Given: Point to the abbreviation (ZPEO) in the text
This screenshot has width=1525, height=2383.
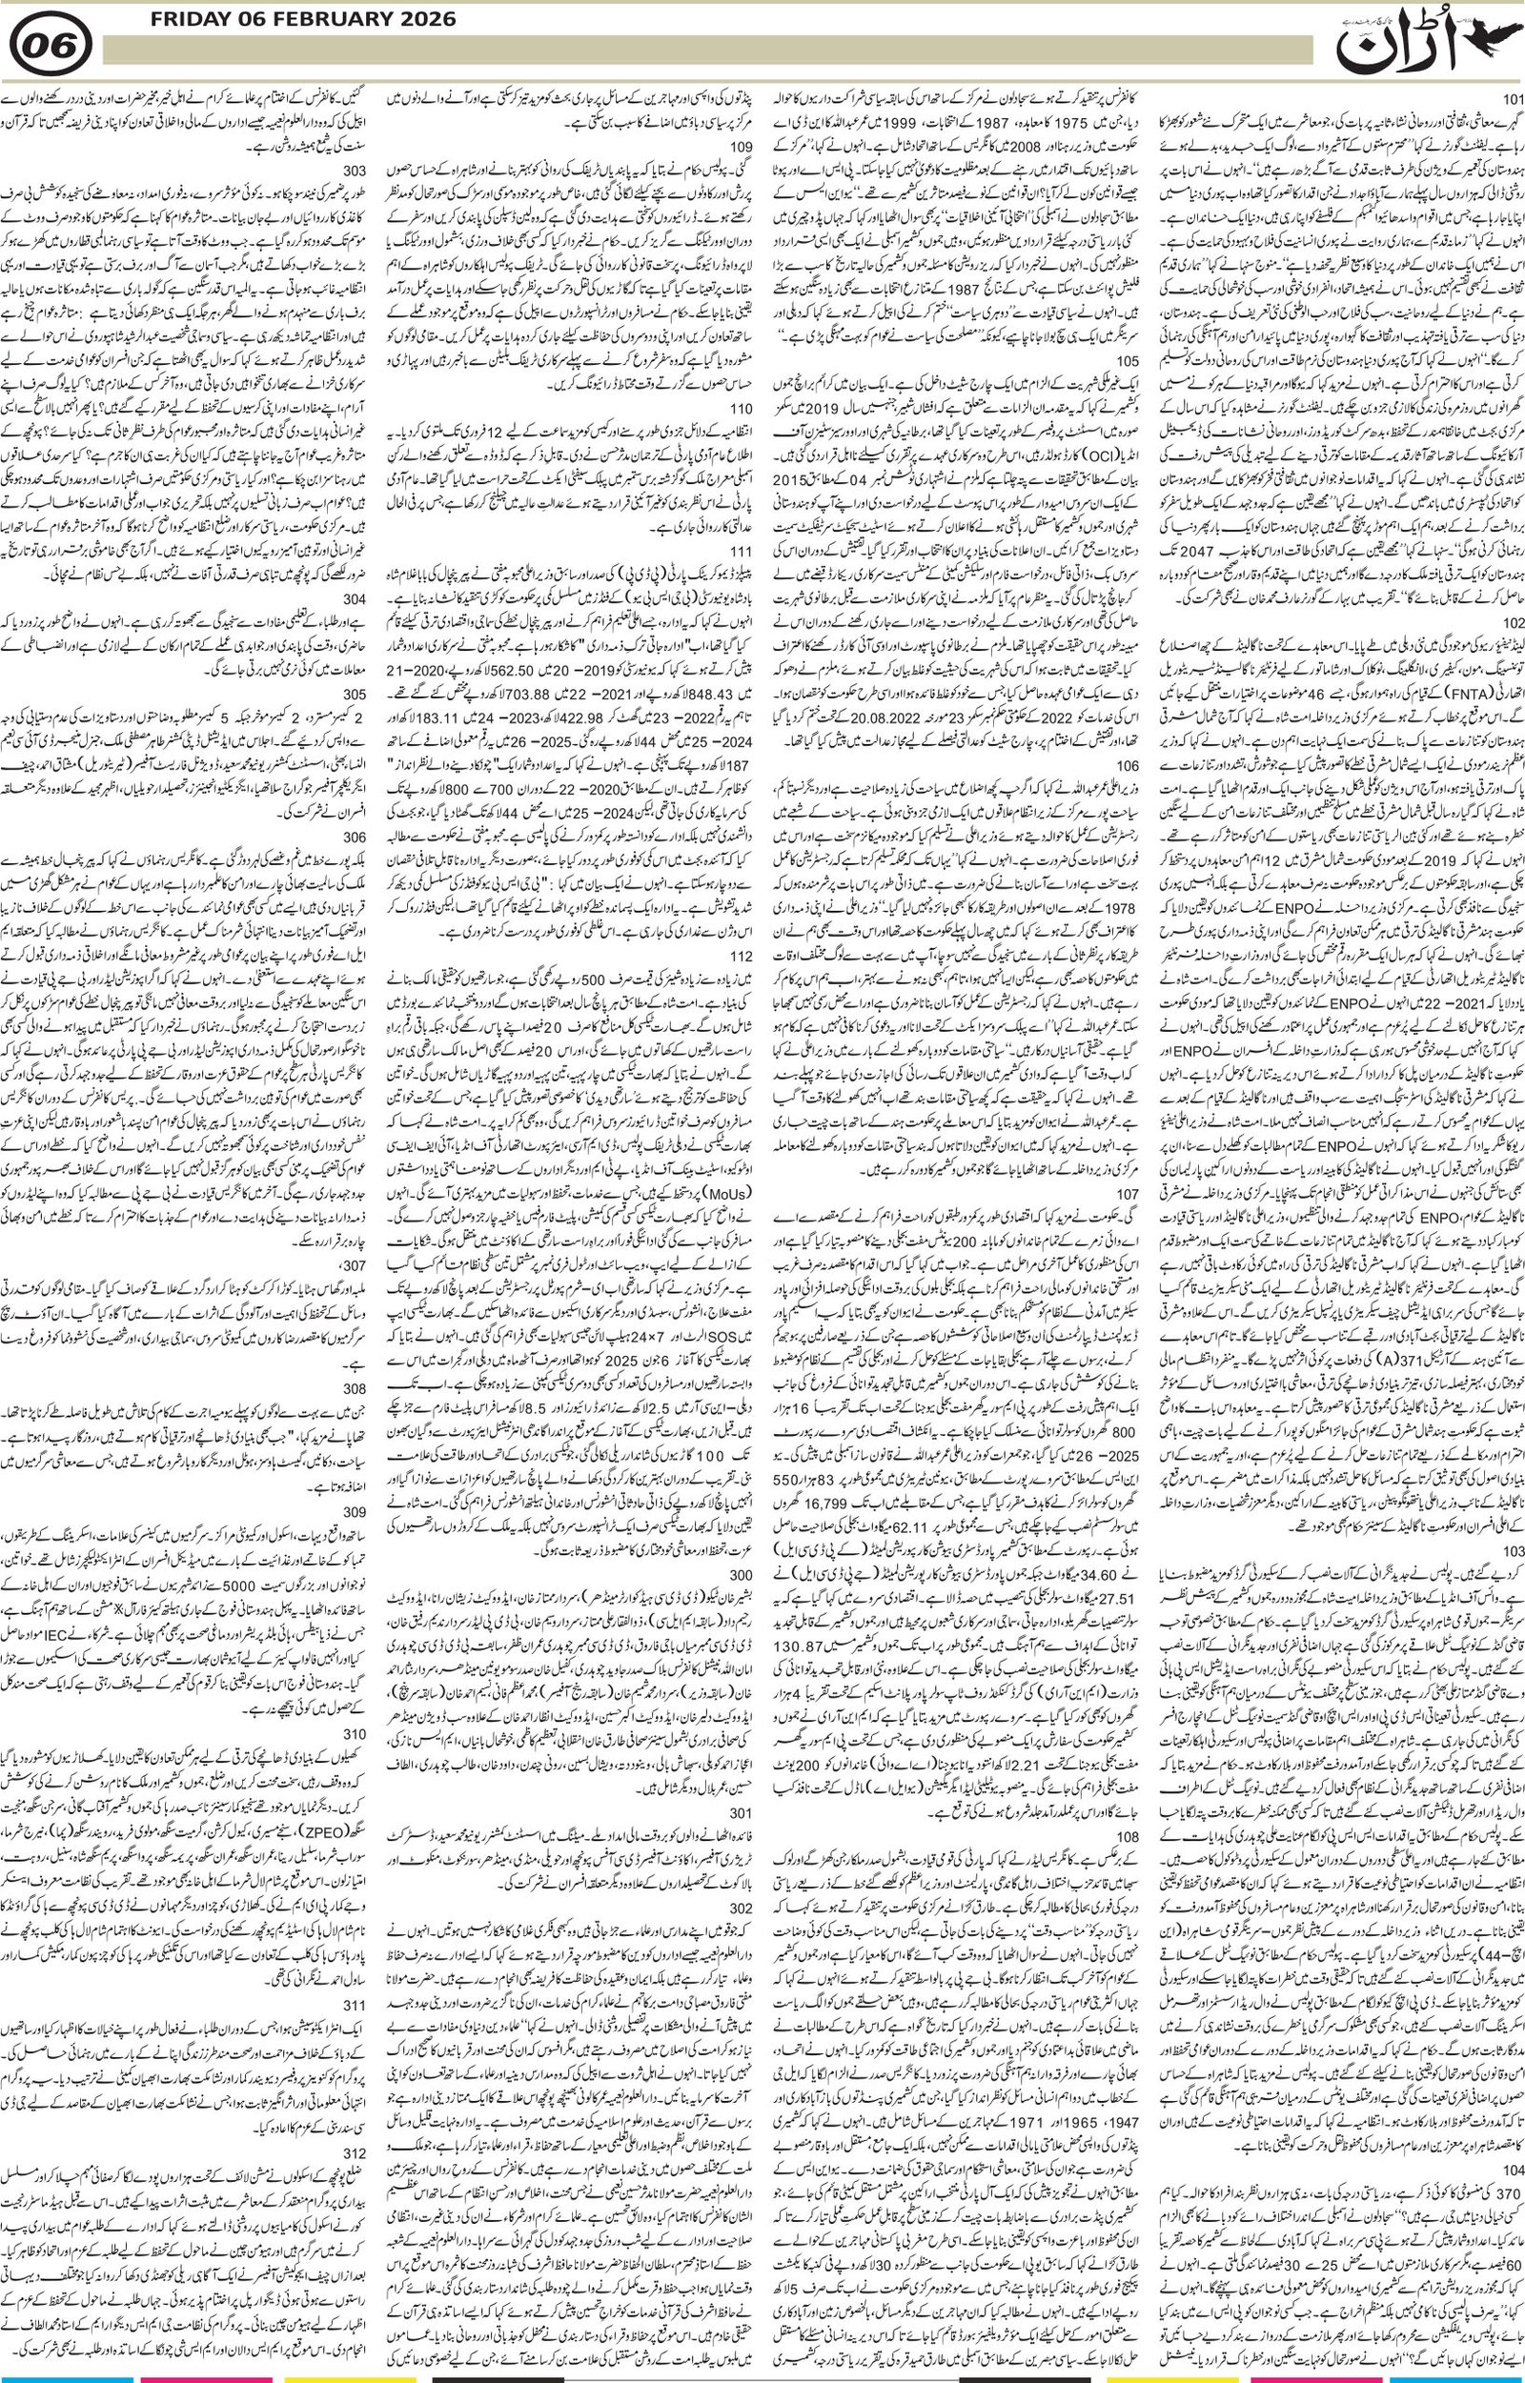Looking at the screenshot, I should [341, 1831].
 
